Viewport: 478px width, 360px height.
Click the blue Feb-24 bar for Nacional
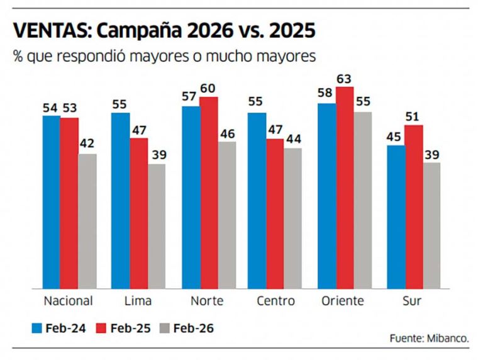(52, 201)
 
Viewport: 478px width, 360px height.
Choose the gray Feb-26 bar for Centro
(292, 217)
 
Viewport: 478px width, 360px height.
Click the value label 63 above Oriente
(345, 79)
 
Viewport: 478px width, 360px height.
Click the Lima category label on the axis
(138, 301)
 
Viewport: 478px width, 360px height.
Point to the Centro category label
(275, 301)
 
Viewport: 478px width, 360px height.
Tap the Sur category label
(412, 301)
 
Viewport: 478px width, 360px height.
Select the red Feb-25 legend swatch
(101, 328)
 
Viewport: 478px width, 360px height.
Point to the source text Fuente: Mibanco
(429, 339)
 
